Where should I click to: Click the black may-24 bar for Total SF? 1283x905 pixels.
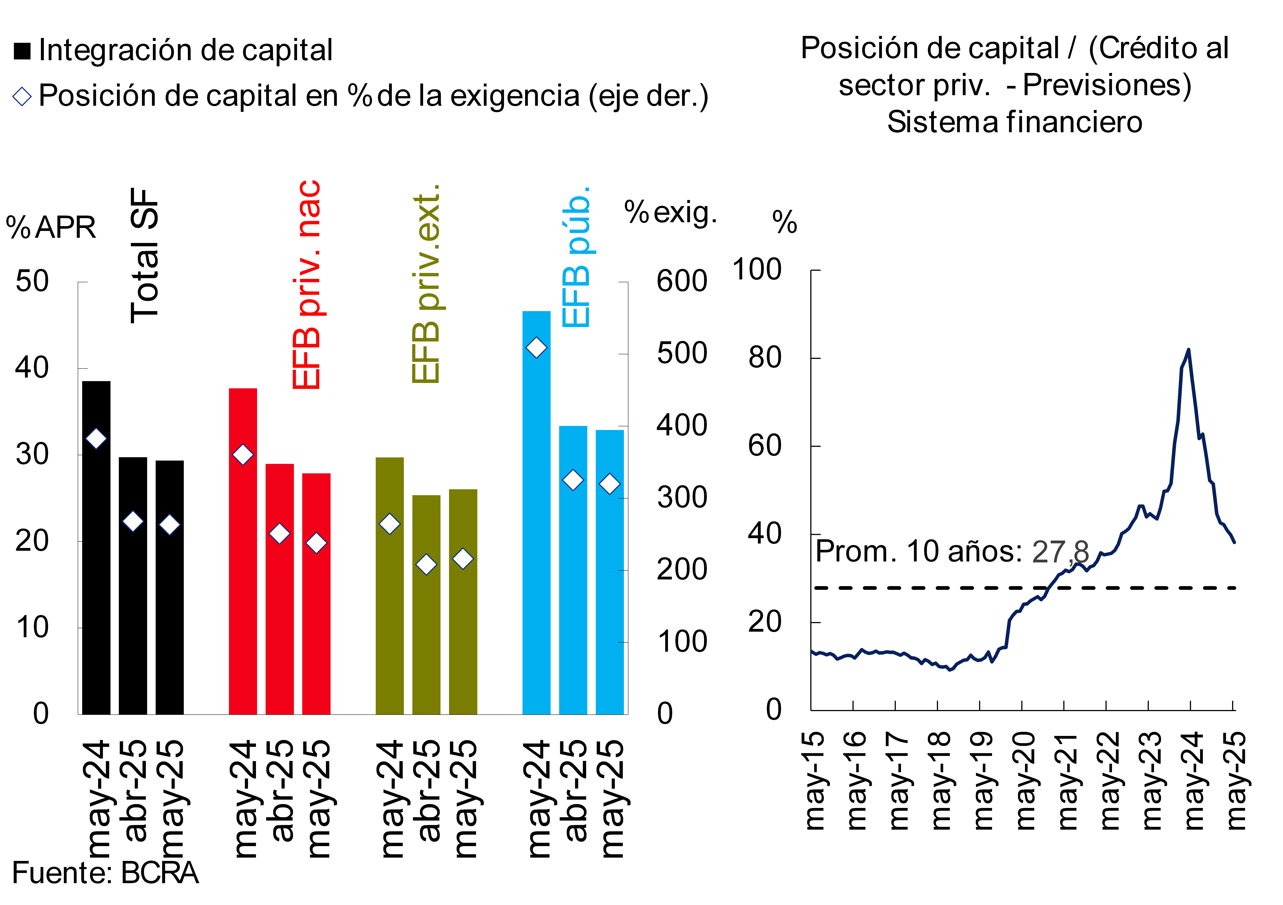point(96,548)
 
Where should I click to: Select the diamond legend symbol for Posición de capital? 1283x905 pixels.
point(22,96)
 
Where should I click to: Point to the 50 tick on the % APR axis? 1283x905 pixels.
point(32,281)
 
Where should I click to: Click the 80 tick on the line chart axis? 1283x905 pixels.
point(764,358)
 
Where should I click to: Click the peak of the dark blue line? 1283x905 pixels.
point(1188,350)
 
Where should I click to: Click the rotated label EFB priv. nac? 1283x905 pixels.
point(306,285)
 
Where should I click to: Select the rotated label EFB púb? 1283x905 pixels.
point(576,257)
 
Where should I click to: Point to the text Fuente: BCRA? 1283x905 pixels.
point(105,873)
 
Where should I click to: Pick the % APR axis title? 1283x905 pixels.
point(51,228)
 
